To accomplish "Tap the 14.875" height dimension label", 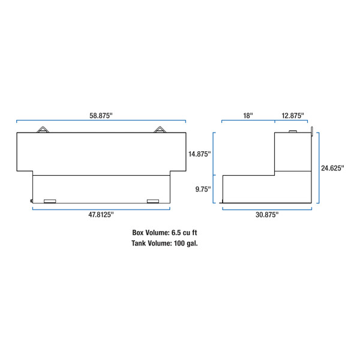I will coord(199,154).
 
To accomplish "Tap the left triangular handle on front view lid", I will coord(45,130).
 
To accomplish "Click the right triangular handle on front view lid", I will coord(159,130).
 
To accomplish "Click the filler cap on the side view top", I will coord(293,131).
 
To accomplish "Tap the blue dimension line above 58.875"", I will coord(101,121).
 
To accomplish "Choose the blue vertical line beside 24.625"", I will coord(319,169).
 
